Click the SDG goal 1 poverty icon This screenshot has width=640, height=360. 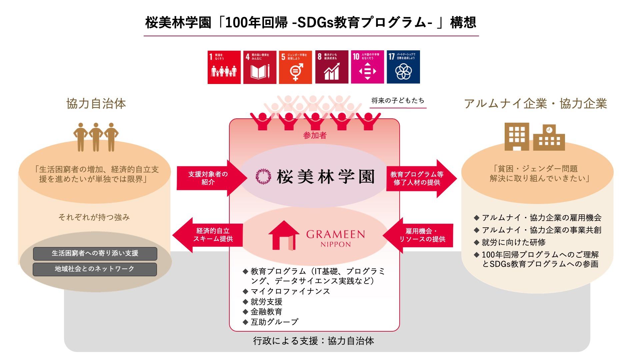coord(224,67)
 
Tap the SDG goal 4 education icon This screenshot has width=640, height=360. coord(260,67)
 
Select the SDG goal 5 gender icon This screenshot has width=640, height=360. coord(295,67)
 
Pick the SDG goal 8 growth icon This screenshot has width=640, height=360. coord(331,67)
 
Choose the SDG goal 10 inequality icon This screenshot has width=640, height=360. coord(367,67)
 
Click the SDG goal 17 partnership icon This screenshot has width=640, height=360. coord(403,67)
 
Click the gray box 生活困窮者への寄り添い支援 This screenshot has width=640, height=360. coord(95,253)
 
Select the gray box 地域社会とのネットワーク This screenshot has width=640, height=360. coord(95,269)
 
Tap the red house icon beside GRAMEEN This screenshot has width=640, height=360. coord(284,235)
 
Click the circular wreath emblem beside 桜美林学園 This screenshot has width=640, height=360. coord(263,176)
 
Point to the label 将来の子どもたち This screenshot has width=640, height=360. coord(398,101)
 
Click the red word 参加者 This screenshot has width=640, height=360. coord(315,135)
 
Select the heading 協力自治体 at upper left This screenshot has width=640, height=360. coord(96,104)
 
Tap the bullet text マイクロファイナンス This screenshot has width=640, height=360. coord(290,291)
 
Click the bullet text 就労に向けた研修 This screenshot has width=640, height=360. coord(513,242)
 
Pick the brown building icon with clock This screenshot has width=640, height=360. coord(549,138)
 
